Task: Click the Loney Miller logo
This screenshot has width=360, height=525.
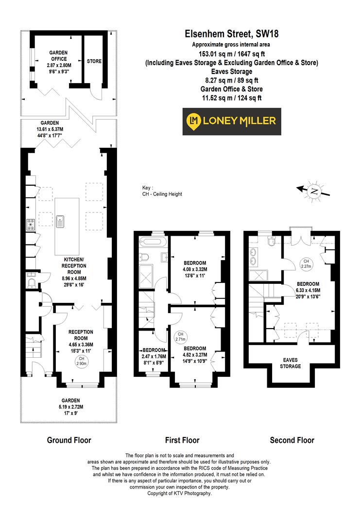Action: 231,122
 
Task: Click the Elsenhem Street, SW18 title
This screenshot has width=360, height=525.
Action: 231,34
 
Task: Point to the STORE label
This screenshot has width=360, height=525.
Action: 94,62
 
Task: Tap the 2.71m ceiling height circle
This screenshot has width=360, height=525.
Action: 180,336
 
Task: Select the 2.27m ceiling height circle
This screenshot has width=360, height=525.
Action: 306,263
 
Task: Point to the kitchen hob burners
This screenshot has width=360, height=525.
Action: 30,225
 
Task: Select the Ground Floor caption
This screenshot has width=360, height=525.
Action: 69,440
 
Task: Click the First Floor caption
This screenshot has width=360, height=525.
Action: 182,440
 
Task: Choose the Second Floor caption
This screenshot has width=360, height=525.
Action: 292,440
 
